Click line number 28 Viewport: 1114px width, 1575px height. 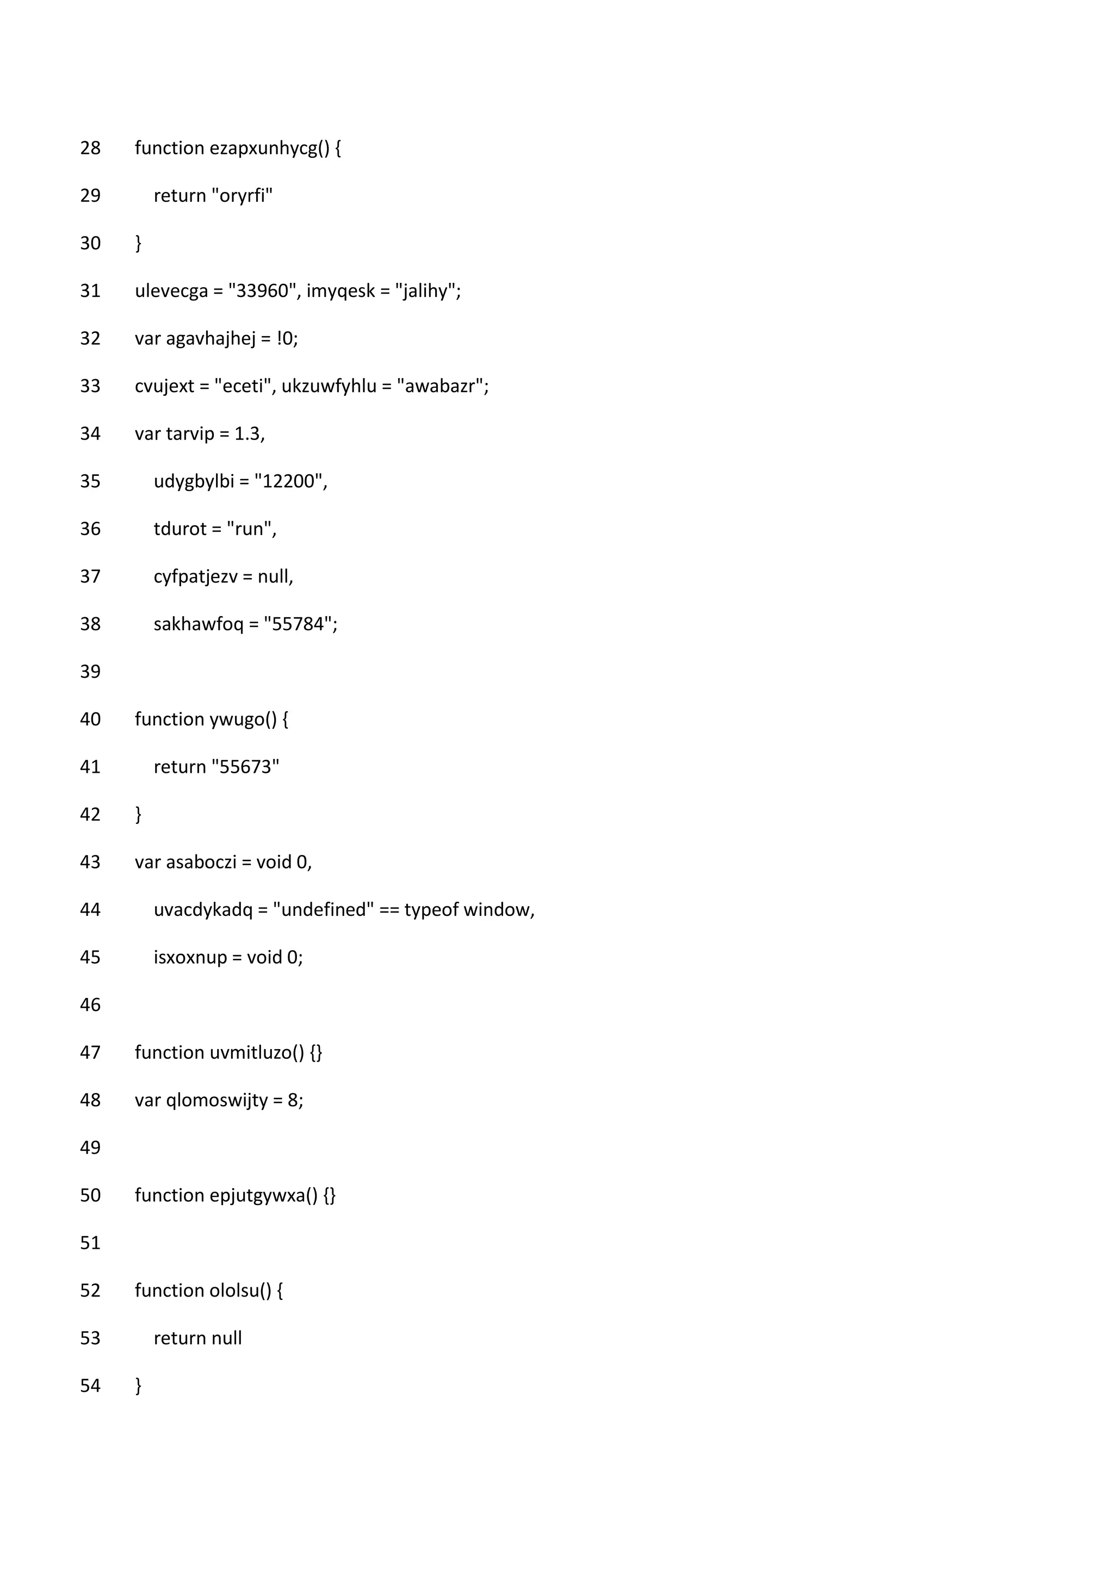(90, 148)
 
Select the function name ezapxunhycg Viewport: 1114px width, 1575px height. (264, 148)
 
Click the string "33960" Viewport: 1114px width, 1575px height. (263, 291)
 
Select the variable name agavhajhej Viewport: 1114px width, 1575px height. (211, 338)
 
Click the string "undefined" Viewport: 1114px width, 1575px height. (323, 910)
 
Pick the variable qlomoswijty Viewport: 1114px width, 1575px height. (217, 1100)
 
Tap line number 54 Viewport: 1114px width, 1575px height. (90, 1386)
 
